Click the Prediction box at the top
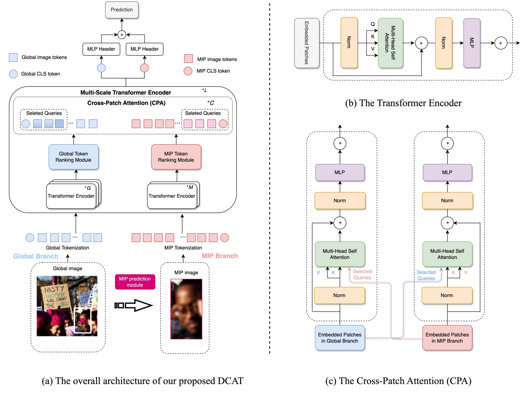(122, 10)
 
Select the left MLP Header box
(101, 49)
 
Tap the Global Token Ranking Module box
(73, 157)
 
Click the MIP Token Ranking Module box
(176, 157)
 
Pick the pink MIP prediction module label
(135, 282)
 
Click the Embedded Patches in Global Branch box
(340, 338)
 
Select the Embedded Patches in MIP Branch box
(447, 338)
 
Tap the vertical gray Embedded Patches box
(307, 43)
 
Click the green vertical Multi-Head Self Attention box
(390, 43)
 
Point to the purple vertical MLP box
(472, 43)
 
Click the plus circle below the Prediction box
(122, 35)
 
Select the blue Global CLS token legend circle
(13, 74)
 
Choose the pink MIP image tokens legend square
(188, 59)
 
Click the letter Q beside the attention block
(373, 24)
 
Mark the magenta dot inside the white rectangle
(82, 320)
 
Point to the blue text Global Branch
(36, 256)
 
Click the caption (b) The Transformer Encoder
(403, 103)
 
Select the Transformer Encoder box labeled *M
(172, 196)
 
